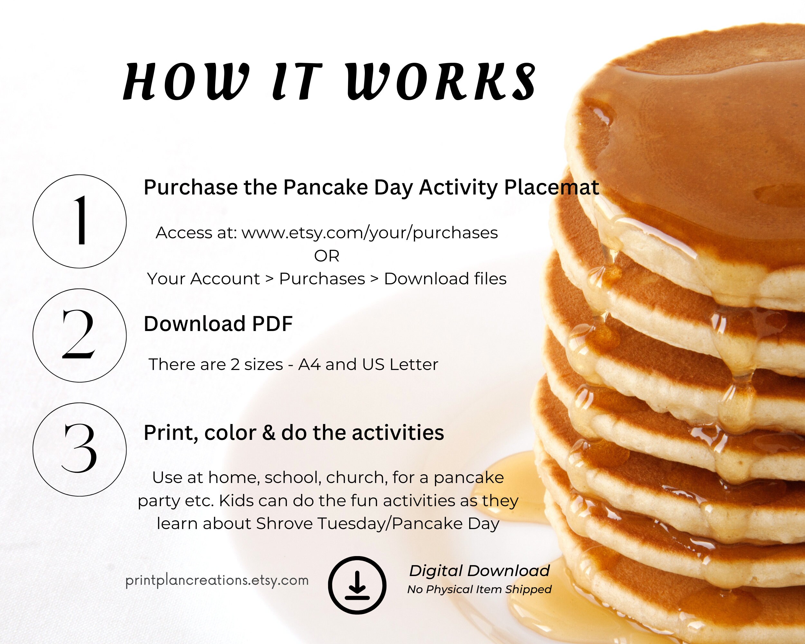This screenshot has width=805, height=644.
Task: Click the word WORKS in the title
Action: click(441, 81)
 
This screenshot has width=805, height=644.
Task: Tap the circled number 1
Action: click(80, 222)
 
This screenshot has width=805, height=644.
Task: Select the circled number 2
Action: click(80, 335)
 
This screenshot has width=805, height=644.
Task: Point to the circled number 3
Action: click(80, 449)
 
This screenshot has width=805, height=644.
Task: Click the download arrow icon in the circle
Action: click(357, 585)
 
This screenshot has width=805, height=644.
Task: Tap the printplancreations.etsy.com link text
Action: click(217, 580)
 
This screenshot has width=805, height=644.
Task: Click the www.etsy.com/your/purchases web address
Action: click(370, 232)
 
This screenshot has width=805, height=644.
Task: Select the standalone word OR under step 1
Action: click(327, 256)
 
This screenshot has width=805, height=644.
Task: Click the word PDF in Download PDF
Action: click(272, 324)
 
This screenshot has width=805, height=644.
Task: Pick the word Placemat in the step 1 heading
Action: click(552, 187)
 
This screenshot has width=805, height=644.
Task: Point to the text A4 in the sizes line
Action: click(309, 365)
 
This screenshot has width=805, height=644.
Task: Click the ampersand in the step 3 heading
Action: click(269, 433)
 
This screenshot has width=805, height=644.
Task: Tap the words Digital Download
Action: click(479, 571)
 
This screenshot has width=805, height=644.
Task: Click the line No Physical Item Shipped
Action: click(479, 590)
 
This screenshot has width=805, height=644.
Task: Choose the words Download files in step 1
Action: click(445, 279)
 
